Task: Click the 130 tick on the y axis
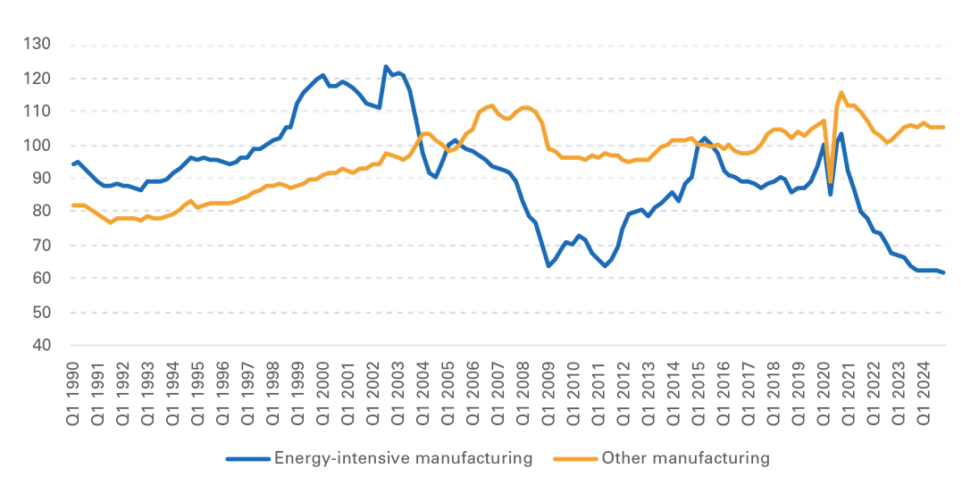37,45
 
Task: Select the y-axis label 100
37,145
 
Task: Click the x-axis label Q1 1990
72,393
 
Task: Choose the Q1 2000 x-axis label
322,393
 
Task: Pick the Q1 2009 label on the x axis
548,393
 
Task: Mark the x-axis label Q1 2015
698,393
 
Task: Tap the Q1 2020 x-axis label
824,393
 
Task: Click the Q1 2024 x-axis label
924,393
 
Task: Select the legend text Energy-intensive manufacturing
404,459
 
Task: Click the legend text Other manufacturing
685,459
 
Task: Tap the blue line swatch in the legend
247,459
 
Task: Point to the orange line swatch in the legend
575,459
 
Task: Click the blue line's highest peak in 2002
386,66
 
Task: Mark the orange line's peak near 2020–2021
841,93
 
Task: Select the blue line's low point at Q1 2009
548,266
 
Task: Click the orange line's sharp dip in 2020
830,181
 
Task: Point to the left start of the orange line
72,205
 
